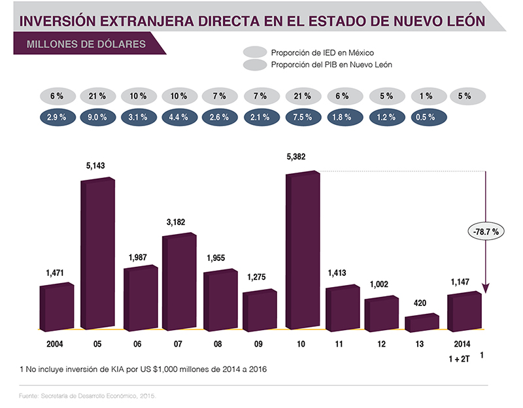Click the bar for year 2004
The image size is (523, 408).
pyautogui.click(x=56, y=307)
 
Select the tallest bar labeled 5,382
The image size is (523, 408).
pyautogui.click(x=302, y=252)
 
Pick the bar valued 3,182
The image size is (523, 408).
pyautogui.click(x=178, y=281)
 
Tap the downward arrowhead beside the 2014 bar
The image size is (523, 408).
pyautogui.click(x=486, y=288)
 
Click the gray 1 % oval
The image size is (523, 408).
pyautogui.click(x=426, y=95)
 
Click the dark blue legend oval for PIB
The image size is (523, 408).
pyautogui.click(x=254, y=65)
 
